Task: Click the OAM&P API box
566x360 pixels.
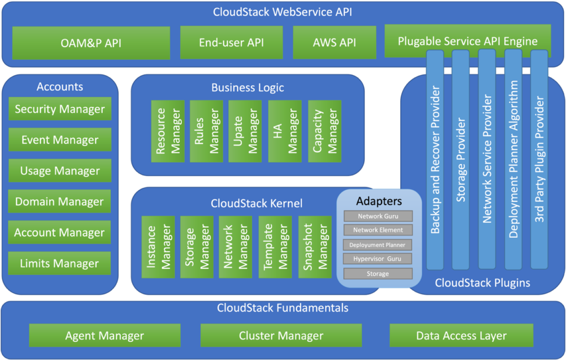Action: (91, 43)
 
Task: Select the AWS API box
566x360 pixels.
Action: (334, 43)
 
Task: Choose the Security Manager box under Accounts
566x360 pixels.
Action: (60, 109)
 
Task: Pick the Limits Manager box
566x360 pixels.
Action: (60, 264)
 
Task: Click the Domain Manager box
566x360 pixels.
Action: (60, 202)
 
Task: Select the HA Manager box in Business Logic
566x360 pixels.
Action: (285, 131)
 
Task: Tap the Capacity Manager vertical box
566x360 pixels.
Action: (325, 131)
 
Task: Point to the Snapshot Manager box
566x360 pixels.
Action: (315, 247)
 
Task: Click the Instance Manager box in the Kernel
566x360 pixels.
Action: (158, 247)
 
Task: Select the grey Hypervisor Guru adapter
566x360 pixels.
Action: (378, 259)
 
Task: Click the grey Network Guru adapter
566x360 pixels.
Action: (378, 216)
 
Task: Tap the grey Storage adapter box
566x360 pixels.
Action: (378, 274)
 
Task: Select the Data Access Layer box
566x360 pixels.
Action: (461, 336)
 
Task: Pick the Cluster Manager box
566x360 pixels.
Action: (281, 336)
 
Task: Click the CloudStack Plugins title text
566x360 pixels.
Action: (482, 283)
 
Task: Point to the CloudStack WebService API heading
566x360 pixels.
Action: (282, 12)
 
